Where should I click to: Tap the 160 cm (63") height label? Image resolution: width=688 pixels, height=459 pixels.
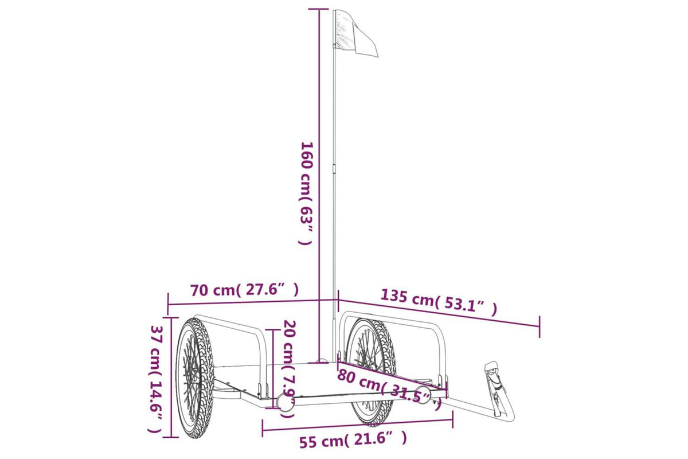(306, 193)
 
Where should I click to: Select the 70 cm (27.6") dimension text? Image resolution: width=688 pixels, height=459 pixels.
(244, 290)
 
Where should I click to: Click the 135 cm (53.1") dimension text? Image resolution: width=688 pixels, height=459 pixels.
(439, 303)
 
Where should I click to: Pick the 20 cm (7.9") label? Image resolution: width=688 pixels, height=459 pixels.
(289, 369)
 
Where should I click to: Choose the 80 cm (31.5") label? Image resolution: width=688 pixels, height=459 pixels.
(389, 389)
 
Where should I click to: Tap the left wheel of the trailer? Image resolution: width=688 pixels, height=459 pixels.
(195, 379)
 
